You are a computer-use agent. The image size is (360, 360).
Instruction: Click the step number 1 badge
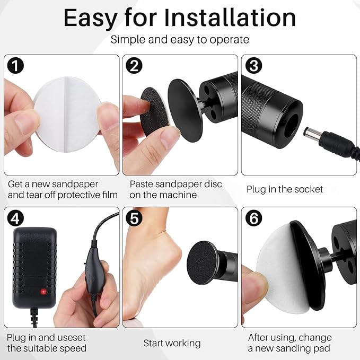tap(15, 66)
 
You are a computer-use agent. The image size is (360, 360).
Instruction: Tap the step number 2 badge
tap(134, 66)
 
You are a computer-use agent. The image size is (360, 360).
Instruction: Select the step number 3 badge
tap(253, 66)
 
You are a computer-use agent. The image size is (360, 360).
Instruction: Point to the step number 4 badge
tap(15, 218)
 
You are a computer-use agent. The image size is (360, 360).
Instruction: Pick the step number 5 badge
tap(134, 218)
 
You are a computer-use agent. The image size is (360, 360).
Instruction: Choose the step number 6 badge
tap(253, 218)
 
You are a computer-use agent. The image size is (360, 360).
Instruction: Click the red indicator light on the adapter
tap(43, 292)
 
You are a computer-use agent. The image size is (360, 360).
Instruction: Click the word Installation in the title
tap(230, 17)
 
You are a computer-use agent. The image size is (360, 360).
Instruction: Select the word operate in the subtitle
tap(229, 40)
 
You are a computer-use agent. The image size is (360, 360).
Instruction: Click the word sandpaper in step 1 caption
tap(75, 184)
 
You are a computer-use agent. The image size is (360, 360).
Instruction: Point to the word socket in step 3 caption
tap(309, 189)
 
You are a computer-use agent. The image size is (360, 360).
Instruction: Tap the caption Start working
tap(172, 343)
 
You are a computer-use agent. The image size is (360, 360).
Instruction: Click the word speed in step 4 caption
tap(73, 348)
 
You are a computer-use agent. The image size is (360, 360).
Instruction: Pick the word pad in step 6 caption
tap(322, 348)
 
